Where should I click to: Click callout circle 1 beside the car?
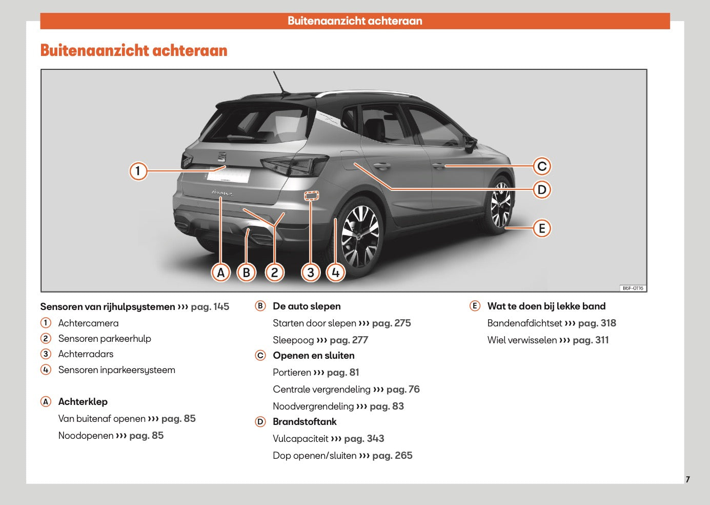pos(138,170)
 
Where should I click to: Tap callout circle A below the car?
pos(221,273)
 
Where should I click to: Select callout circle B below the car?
pos(247,273)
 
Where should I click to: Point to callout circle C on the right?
pos(542,166)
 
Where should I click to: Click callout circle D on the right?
pos(542,190)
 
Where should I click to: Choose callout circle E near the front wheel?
pos(542,228)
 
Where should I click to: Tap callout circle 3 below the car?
pos(311,273)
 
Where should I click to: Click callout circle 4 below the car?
pos(336,273)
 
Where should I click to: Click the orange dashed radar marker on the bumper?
pos(311,196)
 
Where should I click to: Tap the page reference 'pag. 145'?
pos(210,307)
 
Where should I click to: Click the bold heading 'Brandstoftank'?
pos(305,422)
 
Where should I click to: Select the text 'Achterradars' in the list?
pos(86,354)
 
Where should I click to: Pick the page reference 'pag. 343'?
pos(364,439)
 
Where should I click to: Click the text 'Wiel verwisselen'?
pos(522,340)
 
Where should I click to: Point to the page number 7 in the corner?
pos(687,479)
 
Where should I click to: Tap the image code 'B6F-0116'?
pos(633,288)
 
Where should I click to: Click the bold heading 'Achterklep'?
pos(83,402)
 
